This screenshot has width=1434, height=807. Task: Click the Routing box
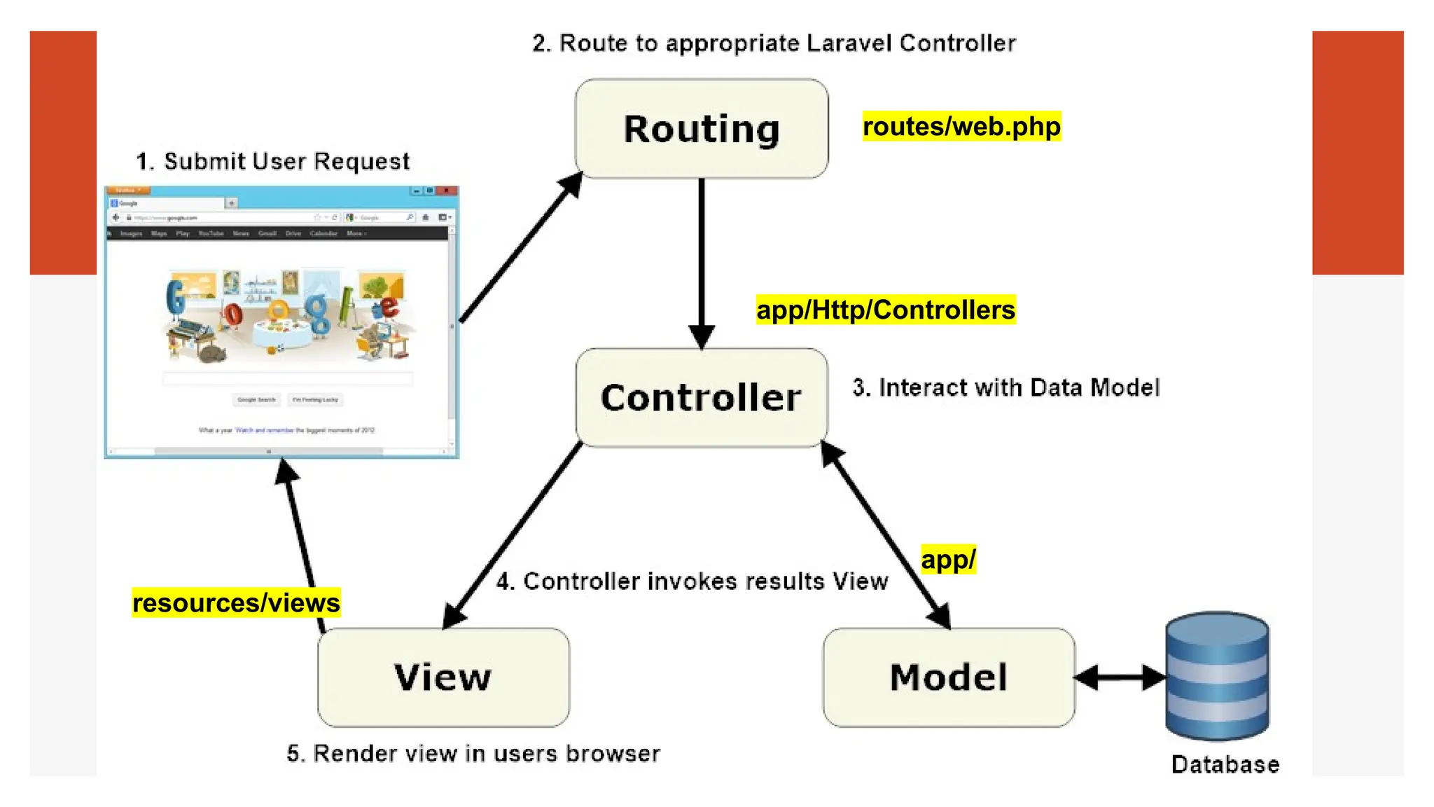[702, 129]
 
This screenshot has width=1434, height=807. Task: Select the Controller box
[702, 398]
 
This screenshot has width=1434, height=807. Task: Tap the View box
[443, 677]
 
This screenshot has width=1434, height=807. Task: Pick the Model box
[949, 677]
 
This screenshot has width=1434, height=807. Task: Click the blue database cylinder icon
[1217, 676]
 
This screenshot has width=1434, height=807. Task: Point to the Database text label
[1225, 764]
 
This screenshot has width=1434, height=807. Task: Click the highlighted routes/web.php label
[961, 127]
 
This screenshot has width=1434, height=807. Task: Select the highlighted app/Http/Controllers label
[886, 310]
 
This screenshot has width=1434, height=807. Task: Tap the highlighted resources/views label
[236, 602]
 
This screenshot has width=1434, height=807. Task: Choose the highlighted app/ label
[948, 559]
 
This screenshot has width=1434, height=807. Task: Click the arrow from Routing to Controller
[702, 259]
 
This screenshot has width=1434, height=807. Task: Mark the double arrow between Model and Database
[1120, 677]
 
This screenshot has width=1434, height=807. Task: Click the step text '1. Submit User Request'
[272, 161]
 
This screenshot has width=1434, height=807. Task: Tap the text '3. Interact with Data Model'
[1005, 387]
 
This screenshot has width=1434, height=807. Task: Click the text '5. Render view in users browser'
[473, 753]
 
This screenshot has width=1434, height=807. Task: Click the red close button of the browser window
[447, 191]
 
